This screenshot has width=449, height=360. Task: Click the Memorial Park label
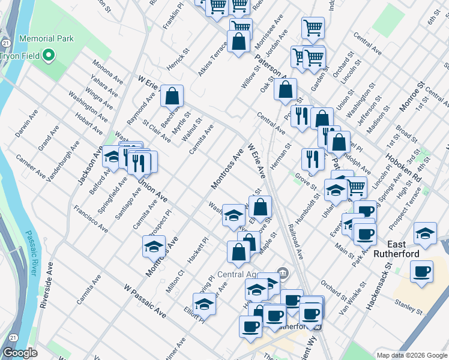click(46, 38)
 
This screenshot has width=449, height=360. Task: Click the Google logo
click(20, 353)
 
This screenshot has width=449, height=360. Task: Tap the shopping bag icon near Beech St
click(172, 95)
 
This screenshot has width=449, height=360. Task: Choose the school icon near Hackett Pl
click(154, 246)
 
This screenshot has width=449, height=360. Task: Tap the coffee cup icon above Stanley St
click(421, 271)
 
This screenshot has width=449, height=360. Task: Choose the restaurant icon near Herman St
click(312, 159)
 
